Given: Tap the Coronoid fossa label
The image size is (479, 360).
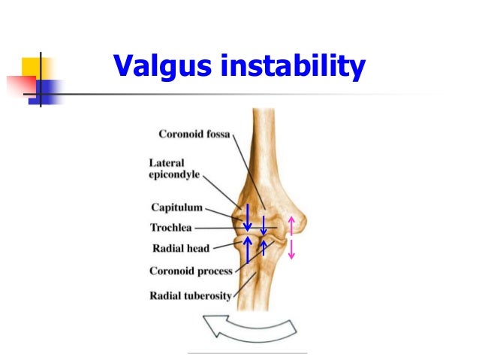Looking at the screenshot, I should click(194, 135).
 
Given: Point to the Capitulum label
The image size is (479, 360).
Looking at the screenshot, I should click(176, 208).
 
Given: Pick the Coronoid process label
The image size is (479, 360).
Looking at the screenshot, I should click(191, 271).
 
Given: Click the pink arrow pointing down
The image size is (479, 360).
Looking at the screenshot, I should click(291, 249).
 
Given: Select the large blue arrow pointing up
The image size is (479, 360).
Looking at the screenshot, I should click(247, 250).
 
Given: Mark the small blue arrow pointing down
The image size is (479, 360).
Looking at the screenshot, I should click(264, 225).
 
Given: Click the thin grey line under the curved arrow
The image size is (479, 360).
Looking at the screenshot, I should click(247, 352).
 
